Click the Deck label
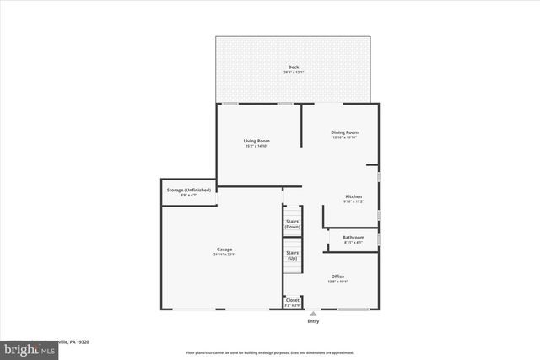[294, 67]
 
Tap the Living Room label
[256, 141]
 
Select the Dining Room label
[344, 132]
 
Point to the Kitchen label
[354, 196]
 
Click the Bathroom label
[354, 238]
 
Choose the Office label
[337, 277]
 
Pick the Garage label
[224, 250]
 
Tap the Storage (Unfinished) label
[188, 190]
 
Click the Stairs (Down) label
[293, 224]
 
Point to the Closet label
[293, 299]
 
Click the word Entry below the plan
[313, 321]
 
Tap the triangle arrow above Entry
[313, 313]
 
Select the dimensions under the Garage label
[224, 255]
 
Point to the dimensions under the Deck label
[294, 73]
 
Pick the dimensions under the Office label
[337, 282]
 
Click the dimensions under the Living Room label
[256, 146]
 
